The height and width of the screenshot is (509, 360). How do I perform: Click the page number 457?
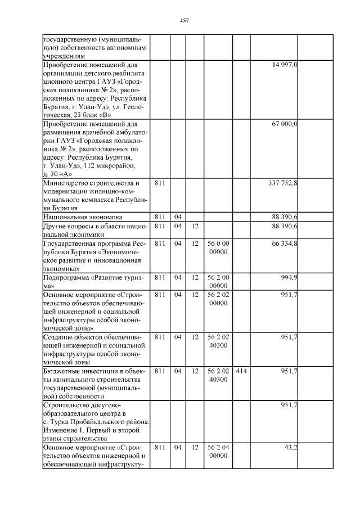[184, 21]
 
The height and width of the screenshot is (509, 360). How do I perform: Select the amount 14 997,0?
[285, 66]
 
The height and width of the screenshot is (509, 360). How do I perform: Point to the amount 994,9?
[289, 277]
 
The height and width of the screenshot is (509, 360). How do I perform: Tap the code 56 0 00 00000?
[218, 247]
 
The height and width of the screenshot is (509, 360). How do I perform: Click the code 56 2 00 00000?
[218, 281]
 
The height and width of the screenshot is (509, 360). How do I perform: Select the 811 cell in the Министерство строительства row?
[160, 183]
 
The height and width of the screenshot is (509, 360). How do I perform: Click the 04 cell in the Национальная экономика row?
[178, 217]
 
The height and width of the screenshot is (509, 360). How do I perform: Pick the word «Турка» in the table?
[63, 421]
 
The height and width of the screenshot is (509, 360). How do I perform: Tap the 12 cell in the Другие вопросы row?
[195, 226]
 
